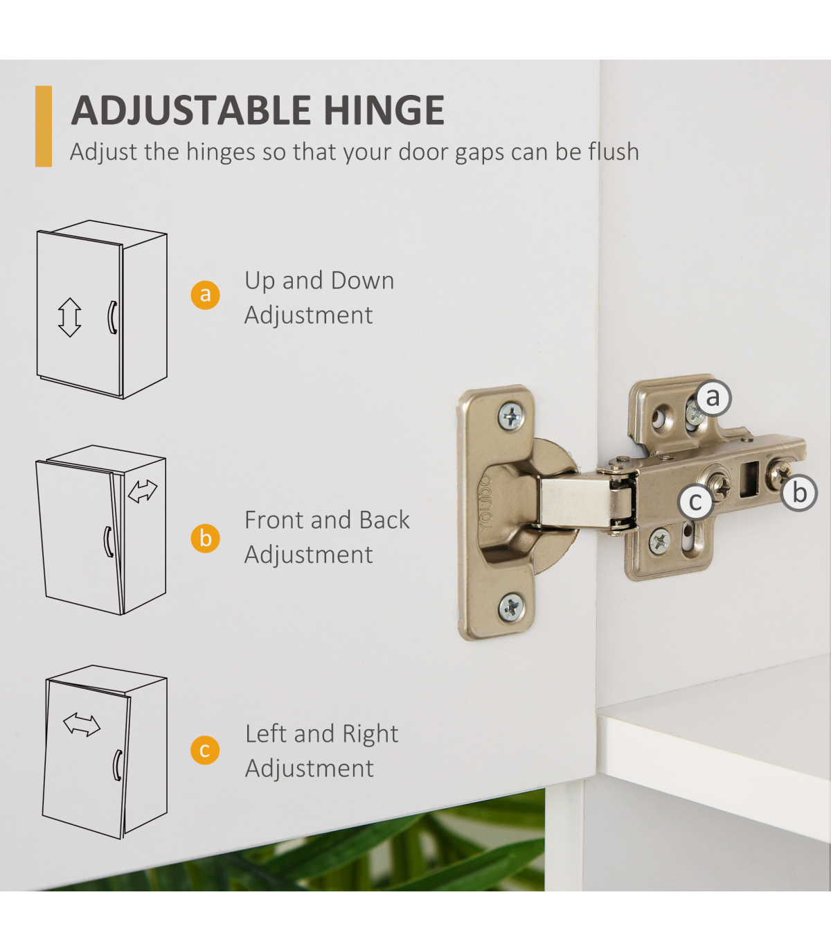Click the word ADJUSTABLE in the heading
[191, 110]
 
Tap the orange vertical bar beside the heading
[44, 126]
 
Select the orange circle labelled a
[205, 295]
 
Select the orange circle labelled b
[205, 539]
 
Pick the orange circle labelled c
[205, 750]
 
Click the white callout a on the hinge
[713, 398]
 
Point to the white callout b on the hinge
[799, 493]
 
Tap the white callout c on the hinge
[695, 501]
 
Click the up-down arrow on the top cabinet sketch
[70, 317]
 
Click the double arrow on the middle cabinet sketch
[143, 491]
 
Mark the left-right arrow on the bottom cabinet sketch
[82, 724]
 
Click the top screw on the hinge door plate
[512, 416]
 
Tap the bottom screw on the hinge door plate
[512, 607]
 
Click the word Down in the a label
[363, 281]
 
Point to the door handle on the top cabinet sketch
[111, 317]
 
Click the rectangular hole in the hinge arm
[749, 479]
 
